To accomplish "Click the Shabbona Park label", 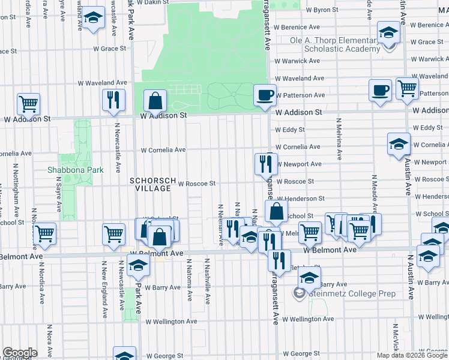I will point(76,170).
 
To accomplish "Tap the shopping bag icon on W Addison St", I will point(155,103).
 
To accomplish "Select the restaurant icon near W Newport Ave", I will point(265,163).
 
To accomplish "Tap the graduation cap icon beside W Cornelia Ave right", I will point(399,145).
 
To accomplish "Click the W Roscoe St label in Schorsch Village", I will point(196,184).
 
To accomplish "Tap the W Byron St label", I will point(322,10).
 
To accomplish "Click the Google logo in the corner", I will point(20,353).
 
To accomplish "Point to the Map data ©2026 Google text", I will point(412,355).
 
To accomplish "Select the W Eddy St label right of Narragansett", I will point(290,130).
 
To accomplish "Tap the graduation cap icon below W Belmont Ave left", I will point(139,266).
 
